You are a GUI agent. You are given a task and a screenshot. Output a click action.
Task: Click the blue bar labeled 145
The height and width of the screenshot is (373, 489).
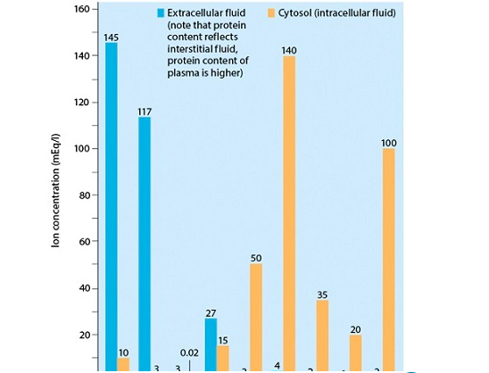coord(112,205)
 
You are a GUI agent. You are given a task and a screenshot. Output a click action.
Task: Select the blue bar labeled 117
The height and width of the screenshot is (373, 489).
coord(145,241)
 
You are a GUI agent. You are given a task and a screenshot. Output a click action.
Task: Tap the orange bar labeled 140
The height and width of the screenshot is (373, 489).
coord(289,214)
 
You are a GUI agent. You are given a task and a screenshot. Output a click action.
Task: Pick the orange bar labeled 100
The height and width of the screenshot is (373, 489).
coord(388,259)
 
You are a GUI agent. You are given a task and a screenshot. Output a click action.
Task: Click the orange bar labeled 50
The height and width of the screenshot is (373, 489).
coord(256,317)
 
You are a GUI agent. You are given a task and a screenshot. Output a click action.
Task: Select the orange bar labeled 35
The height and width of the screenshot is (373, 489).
coord(322,335)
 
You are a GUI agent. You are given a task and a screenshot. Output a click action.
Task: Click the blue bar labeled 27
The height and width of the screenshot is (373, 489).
coord(211,344)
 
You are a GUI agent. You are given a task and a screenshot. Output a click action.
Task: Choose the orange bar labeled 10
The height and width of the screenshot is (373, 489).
coord(123,364)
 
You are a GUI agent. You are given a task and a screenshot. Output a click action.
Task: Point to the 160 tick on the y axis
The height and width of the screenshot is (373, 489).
coord(81,10)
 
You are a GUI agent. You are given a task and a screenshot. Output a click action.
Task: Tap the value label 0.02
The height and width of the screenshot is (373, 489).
coord(189,353)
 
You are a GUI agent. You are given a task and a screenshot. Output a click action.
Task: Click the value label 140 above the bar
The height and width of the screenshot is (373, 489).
coord(288,49)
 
